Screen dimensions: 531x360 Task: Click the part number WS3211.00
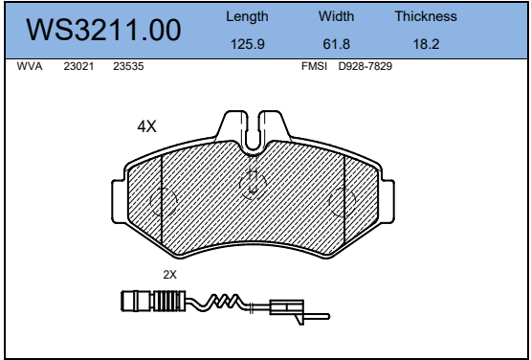(103, 31)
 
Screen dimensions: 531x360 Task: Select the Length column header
(247, 16)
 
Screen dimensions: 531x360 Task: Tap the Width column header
(336, 16)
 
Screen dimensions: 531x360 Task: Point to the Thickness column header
(426, 16)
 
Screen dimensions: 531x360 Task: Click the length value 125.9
(247, 44)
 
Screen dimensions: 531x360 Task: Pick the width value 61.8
(336, 44)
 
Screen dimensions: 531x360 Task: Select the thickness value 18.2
(426, 44)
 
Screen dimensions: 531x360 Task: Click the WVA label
(30, 66)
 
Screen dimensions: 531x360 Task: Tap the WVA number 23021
(78, 66)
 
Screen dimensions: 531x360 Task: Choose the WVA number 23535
(128, 66)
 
